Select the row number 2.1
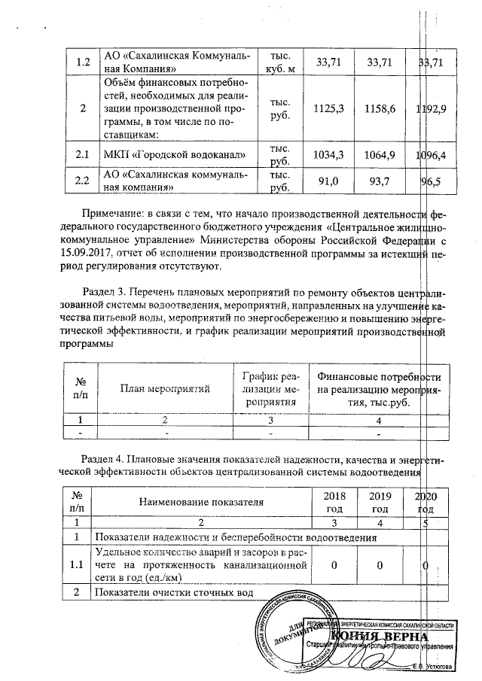(x=79, y=155)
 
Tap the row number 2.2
(x=79, y=181)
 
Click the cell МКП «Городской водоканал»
(x=175, y=155)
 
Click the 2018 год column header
(x=333, y=501)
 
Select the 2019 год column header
(x=380, y=501)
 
